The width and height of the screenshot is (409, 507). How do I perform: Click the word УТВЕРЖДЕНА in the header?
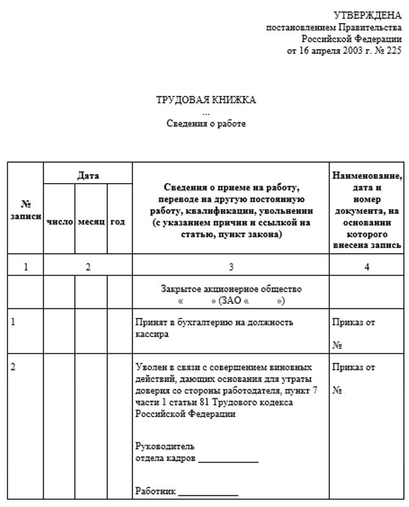pos(367,15)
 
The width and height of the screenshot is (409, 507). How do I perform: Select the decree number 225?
pos(395,51)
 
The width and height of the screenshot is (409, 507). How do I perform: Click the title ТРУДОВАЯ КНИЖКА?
pos(206,100)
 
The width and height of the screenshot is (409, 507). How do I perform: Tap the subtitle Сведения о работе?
pos(206,124)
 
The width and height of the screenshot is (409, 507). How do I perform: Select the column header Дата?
pos(88,175)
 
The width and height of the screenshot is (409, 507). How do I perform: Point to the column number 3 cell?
pos(231,267)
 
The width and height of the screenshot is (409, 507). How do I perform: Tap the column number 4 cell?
pos(366,267)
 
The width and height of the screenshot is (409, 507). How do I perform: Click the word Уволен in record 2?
pos(149,367)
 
